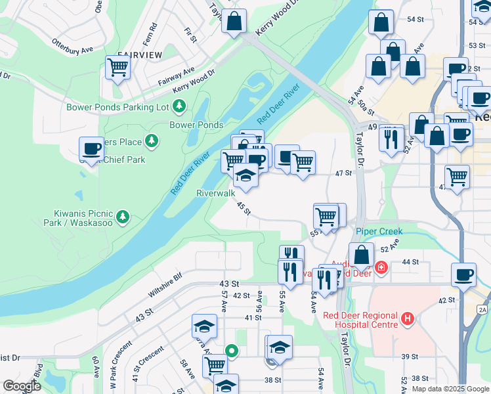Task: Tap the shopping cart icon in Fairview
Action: click(118, 67)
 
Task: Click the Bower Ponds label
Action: click(196, 125)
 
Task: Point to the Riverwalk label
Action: click(215, 194)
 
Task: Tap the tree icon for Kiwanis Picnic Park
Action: click(123, 217)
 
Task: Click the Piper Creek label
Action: click(379, 232)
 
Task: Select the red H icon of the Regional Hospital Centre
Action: click(408, 320)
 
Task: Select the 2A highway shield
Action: click(483, 309)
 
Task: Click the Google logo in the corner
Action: click(21, 386)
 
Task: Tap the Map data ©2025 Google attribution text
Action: click(450, 389)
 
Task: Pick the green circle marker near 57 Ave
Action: click(231, 351)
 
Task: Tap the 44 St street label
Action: click(410, 262)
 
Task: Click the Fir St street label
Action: click(191, 35)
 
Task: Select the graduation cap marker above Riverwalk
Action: click(245, 177)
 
